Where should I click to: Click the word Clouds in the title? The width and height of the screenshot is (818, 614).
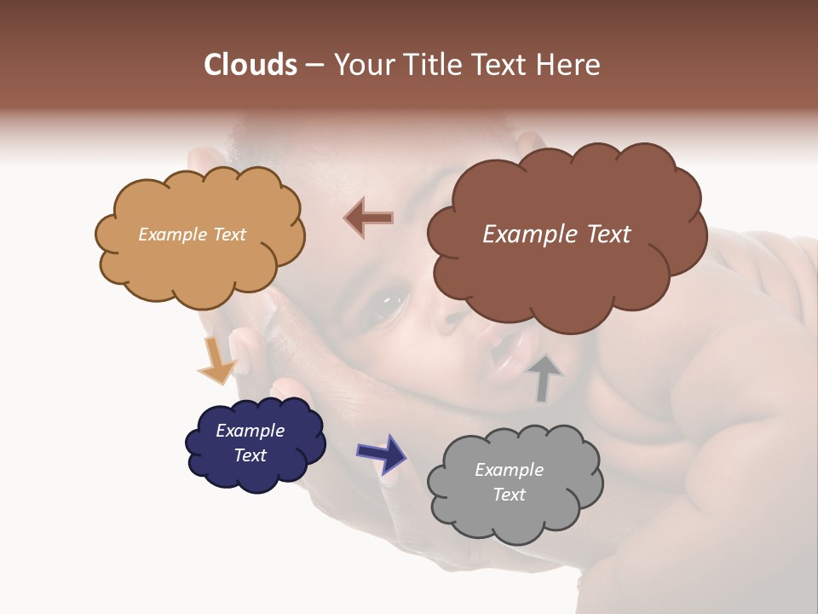coord(251,65)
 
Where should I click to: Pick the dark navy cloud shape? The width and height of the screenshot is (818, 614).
coord(255,443)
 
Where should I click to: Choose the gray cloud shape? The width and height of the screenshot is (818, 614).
coord(515,483)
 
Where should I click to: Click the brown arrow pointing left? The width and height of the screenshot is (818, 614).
coord(369,217)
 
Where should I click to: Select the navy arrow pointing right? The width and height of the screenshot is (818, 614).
coord(382,452)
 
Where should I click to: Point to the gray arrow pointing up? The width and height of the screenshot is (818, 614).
coord(544,377)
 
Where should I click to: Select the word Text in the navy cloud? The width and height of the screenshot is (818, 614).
coord(251,455)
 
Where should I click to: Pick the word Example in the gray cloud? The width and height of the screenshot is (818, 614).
coord(509,470)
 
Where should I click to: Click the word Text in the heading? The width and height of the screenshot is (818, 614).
coord(503,65)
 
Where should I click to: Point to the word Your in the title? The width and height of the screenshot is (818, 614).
coord(360,65)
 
